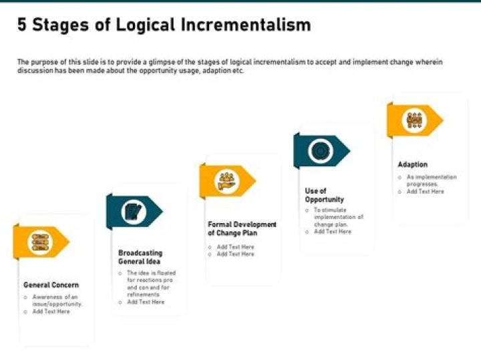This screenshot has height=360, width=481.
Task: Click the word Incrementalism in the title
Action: tap(246, 25)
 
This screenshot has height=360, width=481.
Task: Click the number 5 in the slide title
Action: tap(22, 25)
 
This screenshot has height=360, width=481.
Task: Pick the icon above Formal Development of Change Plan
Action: tap(226, 180)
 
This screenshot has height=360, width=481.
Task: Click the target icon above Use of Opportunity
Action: tap(321, 150)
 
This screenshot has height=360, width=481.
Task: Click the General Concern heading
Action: tap(51, 285)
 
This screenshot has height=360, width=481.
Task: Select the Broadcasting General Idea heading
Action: tap(140, 257)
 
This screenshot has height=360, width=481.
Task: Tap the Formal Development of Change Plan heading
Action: tap(242, 228)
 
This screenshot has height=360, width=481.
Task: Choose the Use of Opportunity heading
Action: tap(324, 195)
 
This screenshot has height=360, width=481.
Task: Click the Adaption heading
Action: tap(412, 164)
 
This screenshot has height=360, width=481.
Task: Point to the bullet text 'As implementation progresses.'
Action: tap(432, 180)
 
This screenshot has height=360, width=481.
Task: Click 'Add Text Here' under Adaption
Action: tap(426, 192)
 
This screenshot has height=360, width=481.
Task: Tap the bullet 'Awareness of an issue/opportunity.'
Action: tap(57, 301)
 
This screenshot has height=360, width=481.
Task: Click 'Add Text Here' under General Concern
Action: tap(51, 312)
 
